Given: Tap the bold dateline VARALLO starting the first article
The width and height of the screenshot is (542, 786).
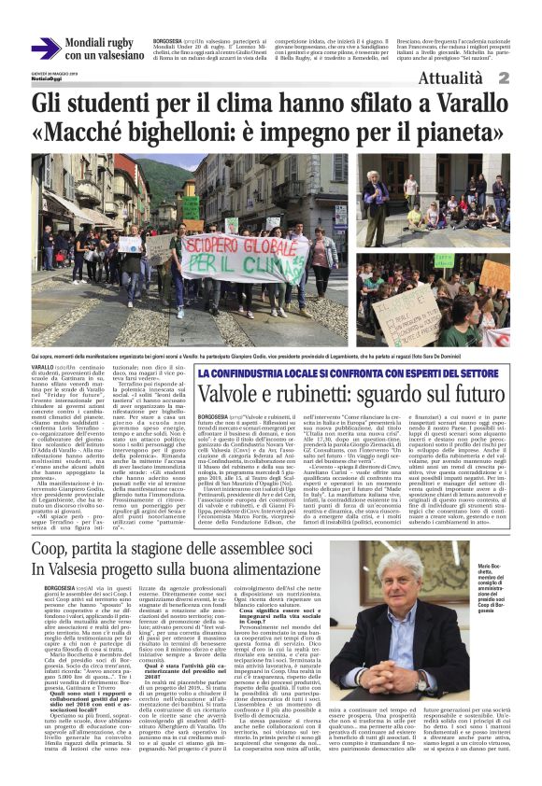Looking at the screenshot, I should click(45, 371).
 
